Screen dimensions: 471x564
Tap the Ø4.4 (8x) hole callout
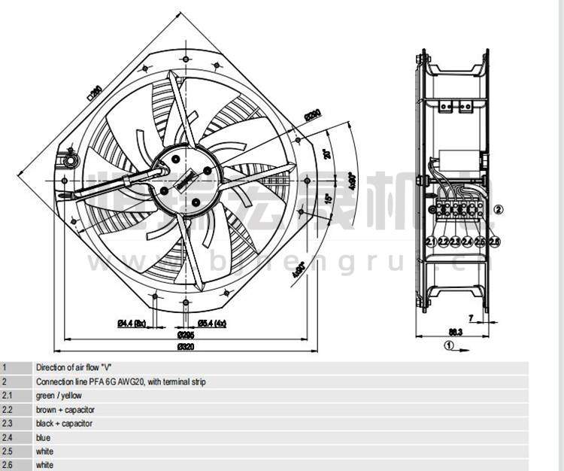[x=130, y=324]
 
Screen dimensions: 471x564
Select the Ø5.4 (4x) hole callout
[x=211, y=324]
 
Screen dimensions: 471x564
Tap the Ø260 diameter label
[x=313, y=115]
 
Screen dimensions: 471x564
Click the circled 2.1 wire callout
[x=431, y=242]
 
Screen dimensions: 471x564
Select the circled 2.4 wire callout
[x=468, y=242]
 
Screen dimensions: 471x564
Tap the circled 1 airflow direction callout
[x=448, y=345]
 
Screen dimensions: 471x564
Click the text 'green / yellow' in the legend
[x=59, y=396]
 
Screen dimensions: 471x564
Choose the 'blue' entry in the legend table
[x=43, y=438]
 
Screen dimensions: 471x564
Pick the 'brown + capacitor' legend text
[x=65, y=410]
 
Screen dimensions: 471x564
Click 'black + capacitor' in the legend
[x=65, y=424]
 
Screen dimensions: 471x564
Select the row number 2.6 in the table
[x=8, y=466]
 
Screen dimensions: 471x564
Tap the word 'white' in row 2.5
[x=45, y=451]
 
